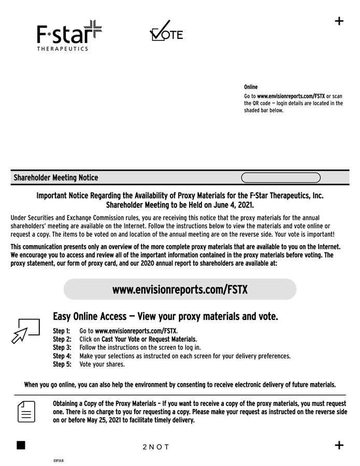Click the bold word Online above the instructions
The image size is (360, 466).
251,87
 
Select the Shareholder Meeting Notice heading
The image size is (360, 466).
56,178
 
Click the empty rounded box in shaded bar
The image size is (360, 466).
281,178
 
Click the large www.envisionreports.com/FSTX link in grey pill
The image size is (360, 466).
180,289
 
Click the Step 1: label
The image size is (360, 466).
61,331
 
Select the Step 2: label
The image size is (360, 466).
61,339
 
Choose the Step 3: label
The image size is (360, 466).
61,347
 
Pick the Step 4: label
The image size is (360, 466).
61,356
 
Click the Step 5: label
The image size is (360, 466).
61,364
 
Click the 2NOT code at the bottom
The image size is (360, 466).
156,447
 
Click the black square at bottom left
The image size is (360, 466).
21,446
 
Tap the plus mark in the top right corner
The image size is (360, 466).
339,21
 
